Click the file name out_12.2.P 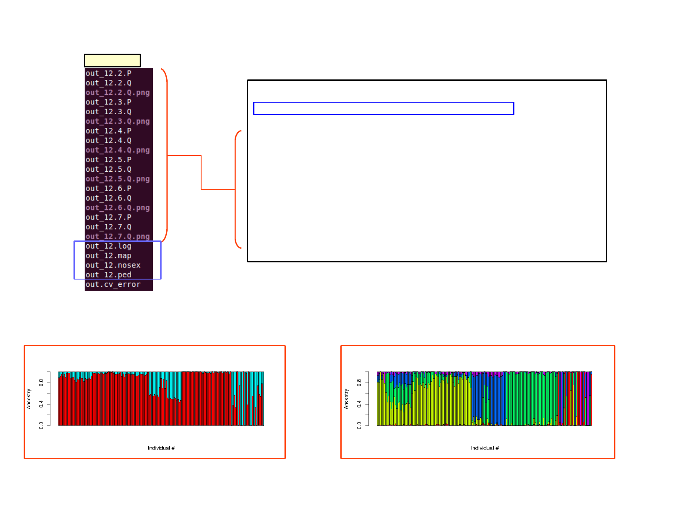pyautogui.click(x=108, y=73)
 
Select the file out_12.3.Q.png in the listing pyautogui.click(x=117, y=122)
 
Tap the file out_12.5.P pyautogui.click(x=108, y=160)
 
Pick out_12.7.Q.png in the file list pyautogui.click(x=117, y=236)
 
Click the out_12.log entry pyautogui.click(x=108, y=246)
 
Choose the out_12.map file pyautogui.click(x=108, y=256)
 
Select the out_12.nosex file pyautogui.click(x=113, y=265)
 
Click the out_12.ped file pyautogui.click(x=108, y=275)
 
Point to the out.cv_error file pyautogui.click(x=113, y=285)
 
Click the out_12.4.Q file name pyautogui.click(x=108, y=140)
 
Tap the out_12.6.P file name pyautogui.click(x=108, y=189)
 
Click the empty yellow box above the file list pyautogui.click(x=112, y=61)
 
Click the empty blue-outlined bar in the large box pyautogui.click(x=383, y=108)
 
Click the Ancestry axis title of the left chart pyautogui.click(x=29, y=398)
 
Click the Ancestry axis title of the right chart pyautogui.click(x=346, y=398)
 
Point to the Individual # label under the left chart pyautogui.click(x=161, y=448)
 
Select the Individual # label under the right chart pyautogui.click(x=484, y=448)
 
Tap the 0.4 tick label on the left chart pyautogui.click(x=41, y=404)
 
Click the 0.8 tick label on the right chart pyautogui.click(x=359, y=382)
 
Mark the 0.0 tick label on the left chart pyautogui.click(x=41, y=425)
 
